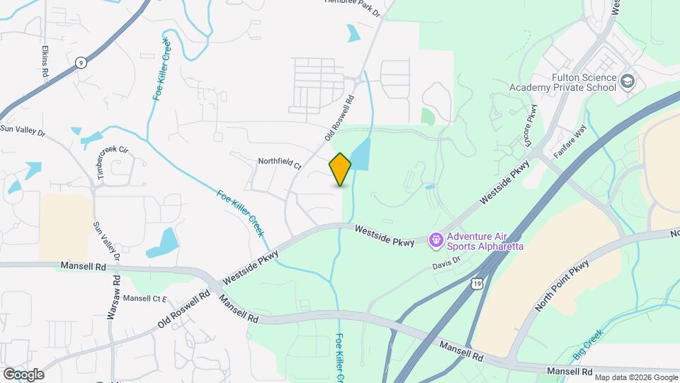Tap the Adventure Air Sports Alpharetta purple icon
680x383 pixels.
pyautogui.click(x=437, y=240)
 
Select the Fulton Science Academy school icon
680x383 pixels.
pyautogui.click(x=627, y=82)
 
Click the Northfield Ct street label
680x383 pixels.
pyautogui.click(x=279, y=164)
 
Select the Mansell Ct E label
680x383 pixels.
pyautogui.click(x=144, y=299)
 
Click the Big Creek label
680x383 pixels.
pyautogui.click(x=587, y=345)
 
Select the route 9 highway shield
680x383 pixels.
pyautogui.click(x=82, y=62)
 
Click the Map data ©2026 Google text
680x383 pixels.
pyautogui.click(x=635, y=377)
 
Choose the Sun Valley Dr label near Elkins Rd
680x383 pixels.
pyautogui.click(x=23, y=130)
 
